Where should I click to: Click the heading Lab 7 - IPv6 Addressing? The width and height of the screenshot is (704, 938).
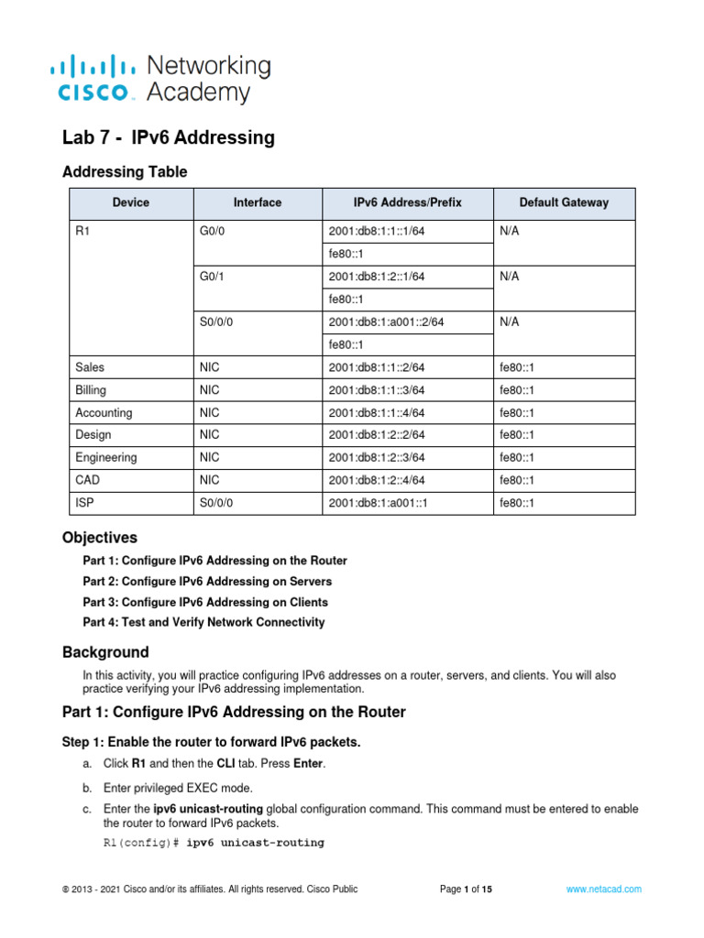point(168,137)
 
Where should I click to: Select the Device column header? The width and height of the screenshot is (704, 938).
point(130,202)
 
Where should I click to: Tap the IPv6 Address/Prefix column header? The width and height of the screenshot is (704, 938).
point(408,202)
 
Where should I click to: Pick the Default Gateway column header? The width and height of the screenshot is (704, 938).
point(563,202)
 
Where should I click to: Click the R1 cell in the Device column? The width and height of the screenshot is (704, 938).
point(82,232)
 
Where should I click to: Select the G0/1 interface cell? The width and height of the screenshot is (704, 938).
point(212,277)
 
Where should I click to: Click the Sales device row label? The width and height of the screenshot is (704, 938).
point(90,367)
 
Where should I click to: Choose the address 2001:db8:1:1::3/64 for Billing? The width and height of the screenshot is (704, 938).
point(376,390)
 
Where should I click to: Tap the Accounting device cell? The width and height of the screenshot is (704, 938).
point(104,412)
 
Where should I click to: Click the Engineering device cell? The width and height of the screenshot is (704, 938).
point(106,457)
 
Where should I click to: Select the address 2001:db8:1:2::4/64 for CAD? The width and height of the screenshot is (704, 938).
point(376,480)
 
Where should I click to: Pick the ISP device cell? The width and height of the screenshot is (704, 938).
point(85,503)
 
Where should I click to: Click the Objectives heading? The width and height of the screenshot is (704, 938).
point(99,538)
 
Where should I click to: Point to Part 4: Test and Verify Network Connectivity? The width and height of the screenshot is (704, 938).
point(203,623)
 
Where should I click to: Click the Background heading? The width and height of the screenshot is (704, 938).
point(105,652)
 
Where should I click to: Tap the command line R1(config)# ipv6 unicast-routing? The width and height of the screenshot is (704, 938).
point(214,843)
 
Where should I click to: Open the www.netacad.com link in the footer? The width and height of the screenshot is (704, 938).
point(603,889)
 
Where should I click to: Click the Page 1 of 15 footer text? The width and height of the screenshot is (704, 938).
point(466,889)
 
